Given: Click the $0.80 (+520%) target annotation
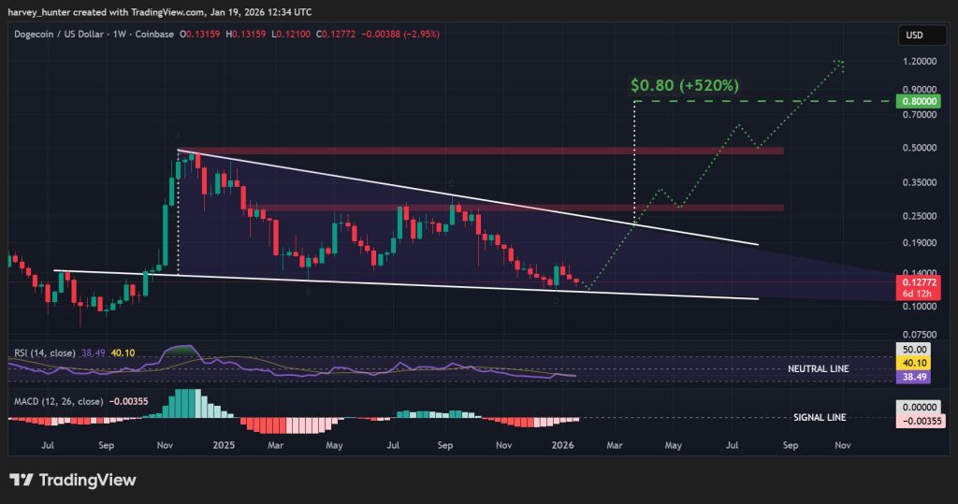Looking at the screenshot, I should [x=686, y=85].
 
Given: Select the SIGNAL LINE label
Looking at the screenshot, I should [x=820, y=417].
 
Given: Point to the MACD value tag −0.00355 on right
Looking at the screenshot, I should [x=912, y=423].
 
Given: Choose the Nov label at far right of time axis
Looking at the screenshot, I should [x=842, y=447].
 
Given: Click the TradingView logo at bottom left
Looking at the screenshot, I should [x=74, y=480].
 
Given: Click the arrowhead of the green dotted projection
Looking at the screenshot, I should [x=839, y=64].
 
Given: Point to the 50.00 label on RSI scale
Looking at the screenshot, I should [x=912, y=348].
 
